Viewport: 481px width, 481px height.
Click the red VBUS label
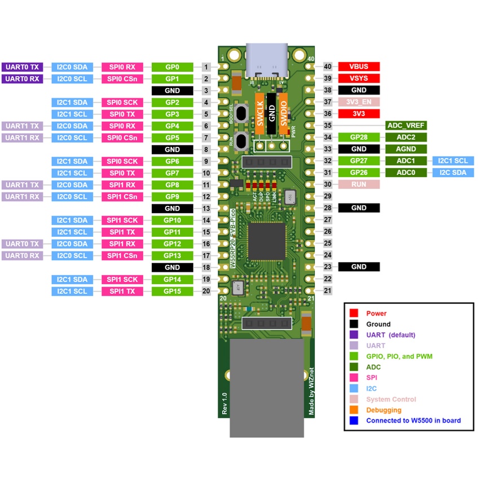[359, 67]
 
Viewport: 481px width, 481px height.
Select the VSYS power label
[359, 78]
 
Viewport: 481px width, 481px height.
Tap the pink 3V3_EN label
[359, 102]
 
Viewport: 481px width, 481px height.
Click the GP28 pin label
[359, 137]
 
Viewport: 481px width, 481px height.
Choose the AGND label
[406, 149]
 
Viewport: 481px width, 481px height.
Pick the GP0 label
[173, 67]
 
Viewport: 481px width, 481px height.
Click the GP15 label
[173, 291]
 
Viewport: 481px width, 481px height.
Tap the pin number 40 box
[328, 67]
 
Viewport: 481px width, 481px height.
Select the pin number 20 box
[206, 291]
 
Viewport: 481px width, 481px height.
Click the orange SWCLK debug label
[260, 113]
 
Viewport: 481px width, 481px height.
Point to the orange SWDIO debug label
[284, 113]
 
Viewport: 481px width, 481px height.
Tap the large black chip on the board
[267, 241]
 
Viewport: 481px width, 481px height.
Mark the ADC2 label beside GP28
[406, 137]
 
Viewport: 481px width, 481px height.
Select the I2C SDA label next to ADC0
[452, 173]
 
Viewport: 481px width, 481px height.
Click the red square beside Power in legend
[354, 313]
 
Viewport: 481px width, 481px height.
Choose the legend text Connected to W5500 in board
[413, 421]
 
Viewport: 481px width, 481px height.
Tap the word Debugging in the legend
[384, 410]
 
